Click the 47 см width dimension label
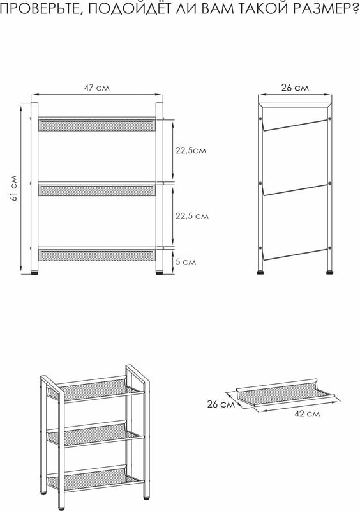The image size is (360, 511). pos(97,88)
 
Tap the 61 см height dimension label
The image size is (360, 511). pos(14,188)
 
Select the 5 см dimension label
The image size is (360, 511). pos(186,262)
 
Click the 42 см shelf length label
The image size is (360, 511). pos(307,413)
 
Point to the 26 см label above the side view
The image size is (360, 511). pos(294,88)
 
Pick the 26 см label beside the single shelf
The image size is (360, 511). pos(221,404)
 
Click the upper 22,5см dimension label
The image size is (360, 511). pos(191,151)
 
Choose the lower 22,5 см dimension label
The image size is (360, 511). pos(192,216)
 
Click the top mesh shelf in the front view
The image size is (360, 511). pos(96,125)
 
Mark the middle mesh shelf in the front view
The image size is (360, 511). pos(96,190)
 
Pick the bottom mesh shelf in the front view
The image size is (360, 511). pos(96,255)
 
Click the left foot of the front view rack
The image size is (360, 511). pos(34,272)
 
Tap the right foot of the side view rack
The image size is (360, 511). pos(330,272)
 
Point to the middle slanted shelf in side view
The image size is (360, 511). pos(294,190)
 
